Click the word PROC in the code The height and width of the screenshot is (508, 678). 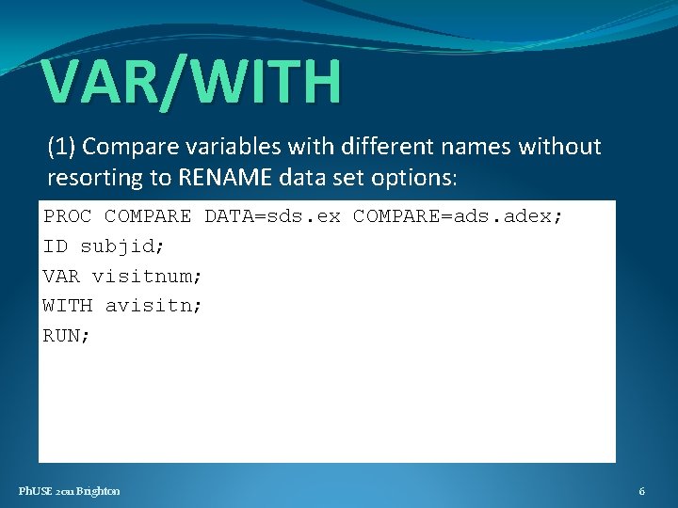pos(68,216)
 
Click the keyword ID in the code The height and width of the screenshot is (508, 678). pos(56,246)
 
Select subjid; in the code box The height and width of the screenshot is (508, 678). pos(122,246)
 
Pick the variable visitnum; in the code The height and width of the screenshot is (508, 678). pos(147,277)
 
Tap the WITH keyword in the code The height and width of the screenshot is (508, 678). pos(68,306)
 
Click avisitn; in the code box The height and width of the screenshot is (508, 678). pos(153,306)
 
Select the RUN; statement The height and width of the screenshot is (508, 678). pos(67,336)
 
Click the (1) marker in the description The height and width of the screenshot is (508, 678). pos(62,147)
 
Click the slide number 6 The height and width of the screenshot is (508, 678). pos(641,491)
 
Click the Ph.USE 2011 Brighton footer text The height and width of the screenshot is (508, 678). pos(70,491)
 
